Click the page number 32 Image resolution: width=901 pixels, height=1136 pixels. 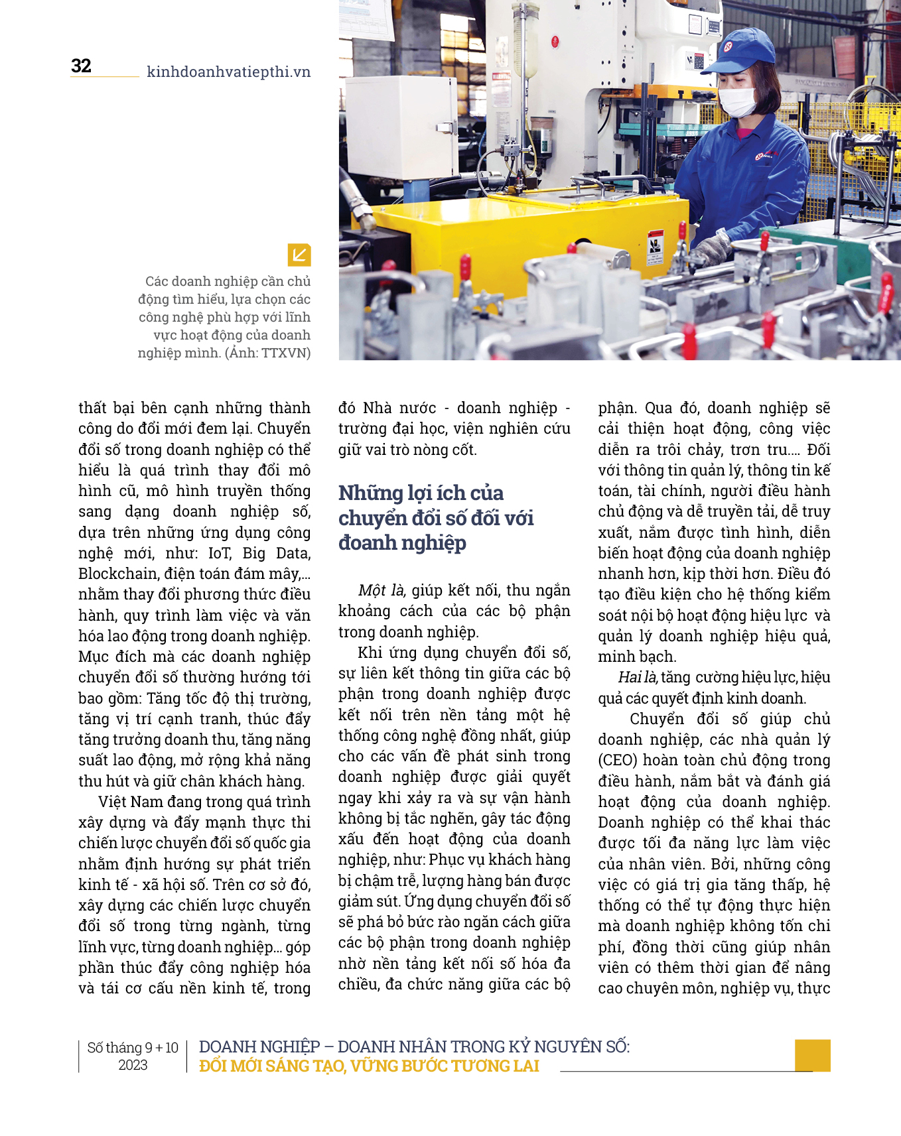81,66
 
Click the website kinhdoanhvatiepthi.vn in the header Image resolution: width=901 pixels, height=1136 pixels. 228,72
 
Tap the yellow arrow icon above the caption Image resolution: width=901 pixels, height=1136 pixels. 299,255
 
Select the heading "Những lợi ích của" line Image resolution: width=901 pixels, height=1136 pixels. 421,493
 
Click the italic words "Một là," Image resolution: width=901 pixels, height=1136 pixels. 381,590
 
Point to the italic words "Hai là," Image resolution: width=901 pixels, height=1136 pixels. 638,677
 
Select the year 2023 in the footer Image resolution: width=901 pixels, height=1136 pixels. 133,1065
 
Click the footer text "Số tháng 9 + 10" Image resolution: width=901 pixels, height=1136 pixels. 133,1048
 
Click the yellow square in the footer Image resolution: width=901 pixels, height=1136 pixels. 812,1055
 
